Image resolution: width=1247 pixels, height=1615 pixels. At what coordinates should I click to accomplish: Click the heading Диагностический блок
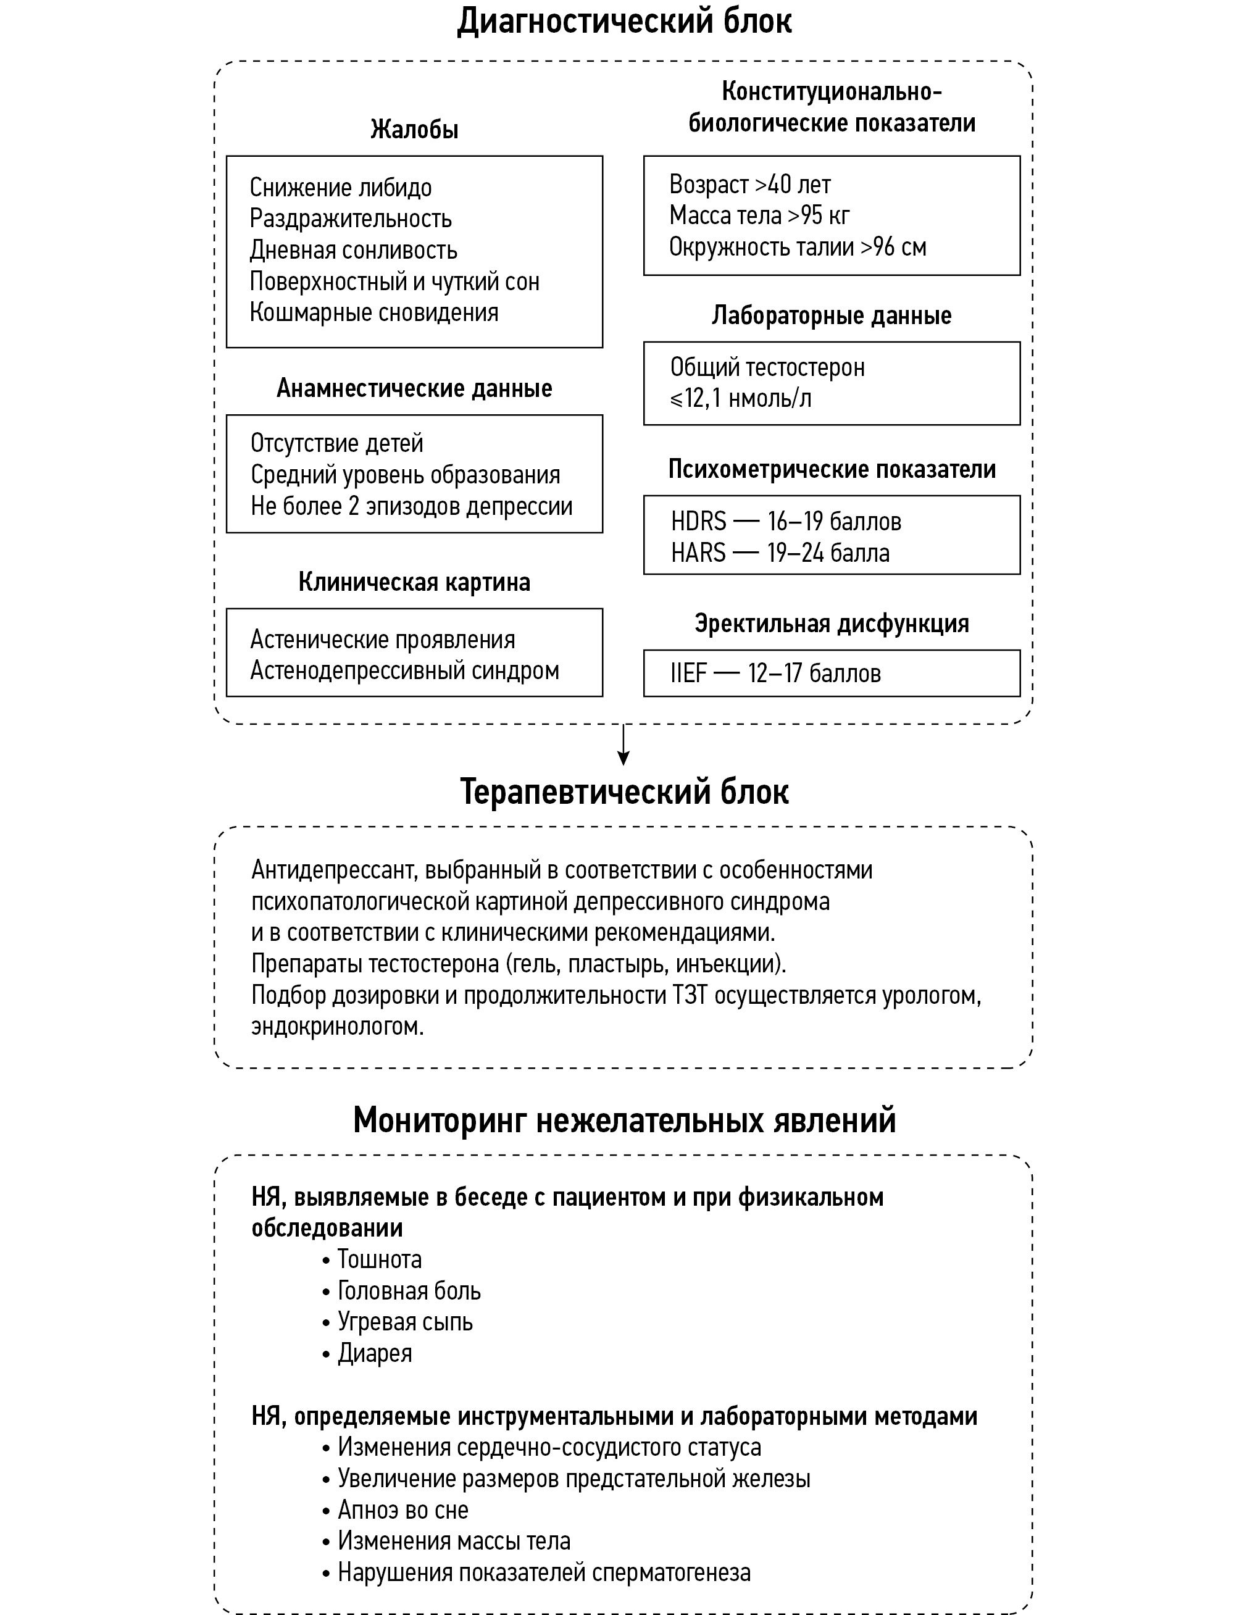(x=623, y=21)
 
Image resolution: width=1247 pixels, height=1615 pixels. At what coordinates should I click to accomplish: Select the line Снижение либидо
(x=340, y=188)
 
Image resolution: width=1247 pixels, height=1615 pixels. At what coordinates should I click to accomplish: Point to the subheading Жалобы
(x=414, y=130)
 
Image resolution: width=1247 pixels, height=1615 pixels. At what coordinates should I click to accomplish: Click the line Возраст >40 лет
(x=749, y=184)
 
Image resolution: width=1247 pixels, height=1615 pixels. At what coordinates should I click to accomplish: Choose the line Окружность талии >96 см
(x=798, y=247)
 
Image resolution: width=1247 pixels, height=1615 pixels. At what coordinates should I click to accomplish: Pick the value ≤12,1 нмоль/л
(x=740, y=399)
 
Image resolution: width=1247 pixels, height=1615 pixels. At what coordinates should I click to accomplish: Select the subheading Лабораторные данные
(x=832, y=315)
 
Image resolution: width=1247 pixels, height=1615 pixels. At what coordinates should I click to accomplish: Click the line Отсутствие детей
(x=336, y=444)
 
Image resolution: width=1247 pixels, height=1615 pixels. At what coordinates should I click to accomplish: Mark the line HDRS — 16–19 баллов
(x=785, y=522)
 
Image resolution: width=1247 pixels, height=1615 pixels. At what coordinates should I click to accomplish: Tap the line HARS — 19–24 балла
(x=780, y=553)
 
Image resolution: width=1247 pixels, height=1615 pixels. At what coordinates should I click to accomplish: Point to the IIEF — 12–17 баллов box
(x=832, y=674)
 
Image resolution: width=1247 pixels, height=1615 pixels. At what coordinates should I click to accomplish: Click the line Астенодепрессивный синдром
(x=404, y=670)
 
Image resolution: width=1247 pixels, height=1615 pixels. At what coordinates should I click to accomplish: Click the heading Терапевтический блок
(x=623, y=792)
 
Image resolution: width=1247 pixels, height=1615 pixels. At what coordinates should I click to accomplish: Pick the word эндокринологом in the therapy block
(x=337, y=1027)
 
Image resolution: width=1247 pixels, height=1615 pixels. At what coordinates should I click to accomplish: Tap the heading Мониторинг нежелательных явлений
(x=623, y=1120)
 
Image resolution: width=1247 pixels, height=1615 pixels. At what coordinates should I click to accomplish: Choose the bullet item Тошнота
(x=378, y=1259)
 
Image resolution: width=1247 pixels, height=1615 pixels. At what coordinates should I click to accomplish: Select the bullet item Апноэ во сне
(x=402, y=1509)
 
